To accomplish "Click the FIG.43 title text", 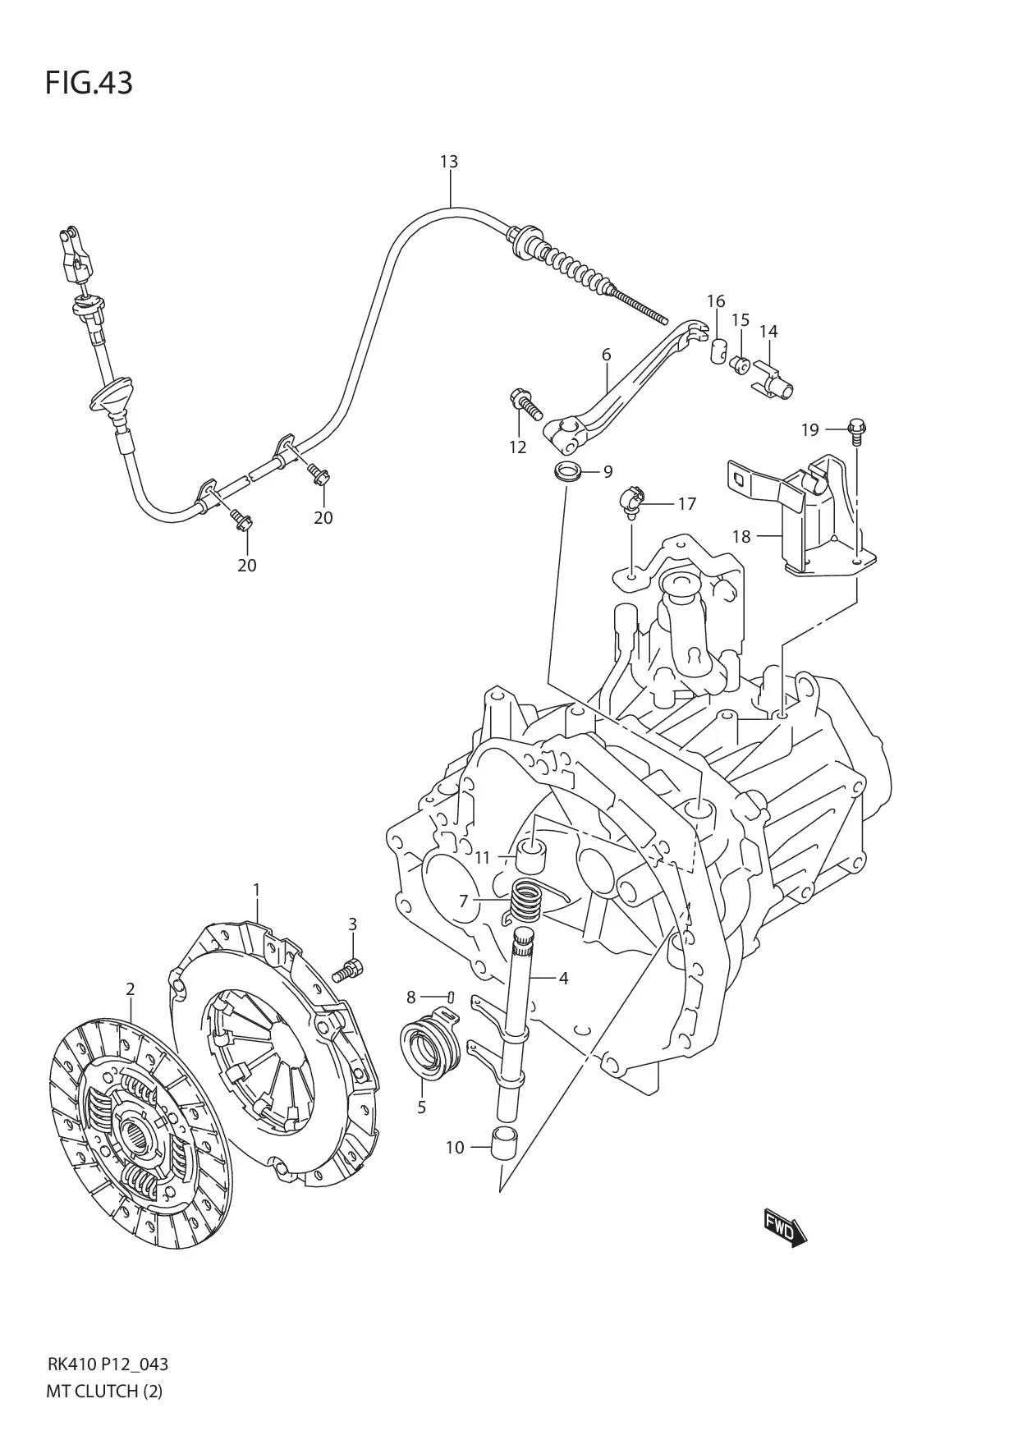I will click(x=89, y=83).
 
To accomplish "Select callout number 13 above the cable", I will click(x=448, y=162).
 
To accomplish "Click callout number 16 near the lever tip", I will click(x=715, y=301).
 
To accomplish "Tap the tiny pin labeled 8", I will click(x=452, y=996).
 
